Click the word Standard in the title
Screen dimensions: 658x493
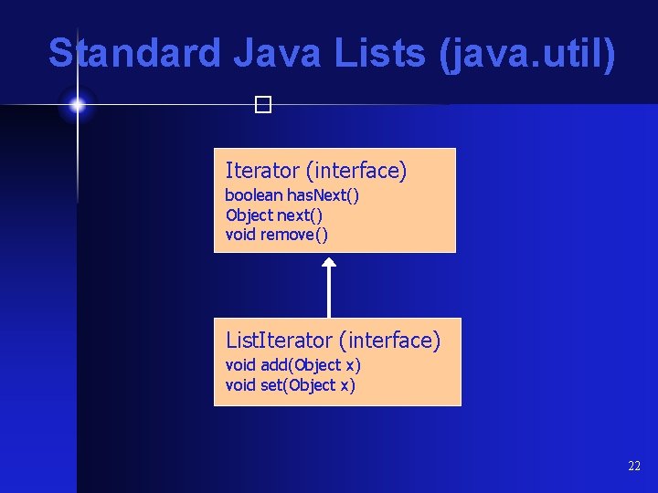(134, 54)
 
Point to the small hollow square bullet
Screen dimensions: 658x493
(264, 106)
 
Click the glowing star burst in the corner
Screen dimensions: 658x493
(78, 106)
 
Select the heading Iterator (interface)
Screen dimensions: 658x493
(316, 171)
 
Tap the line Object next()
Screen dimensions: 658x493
(274, 215)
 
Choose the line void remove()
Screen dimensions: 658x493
(277, 235)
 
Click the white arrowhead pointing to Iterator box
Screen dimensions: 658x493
(329, 263)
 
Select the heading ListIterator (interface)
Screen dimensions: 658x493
(334, 341)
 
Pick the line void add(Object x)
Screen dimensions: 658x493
(293, 365)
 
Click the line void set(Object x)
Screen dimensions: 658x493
(291, 385)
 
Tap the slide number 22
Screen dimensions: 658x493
(634, 467)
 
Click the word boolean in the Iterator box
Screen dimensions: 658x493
(254, 195)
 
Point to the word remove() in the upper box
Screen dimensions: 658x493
(294, 235)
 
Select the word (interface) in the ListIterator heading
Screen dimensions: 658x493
(389, 341)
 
